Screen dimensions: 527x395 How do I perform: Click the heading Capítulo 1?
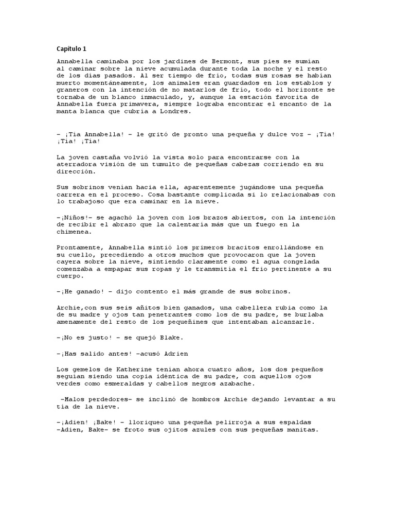71,49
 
